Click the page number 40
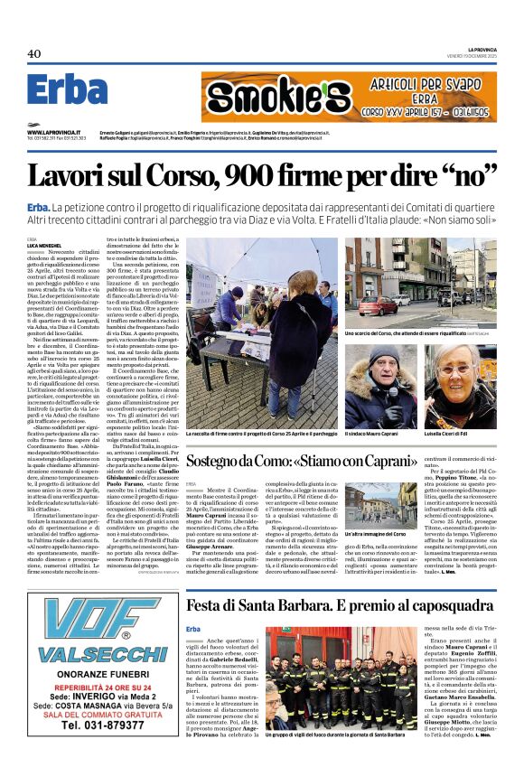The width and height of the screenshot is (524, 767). tap(34, 54)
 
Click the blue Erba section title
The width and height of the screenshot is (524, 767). tap(67, 90)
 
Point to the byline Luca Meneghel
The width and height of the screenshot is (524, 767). tap(45, 246)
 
